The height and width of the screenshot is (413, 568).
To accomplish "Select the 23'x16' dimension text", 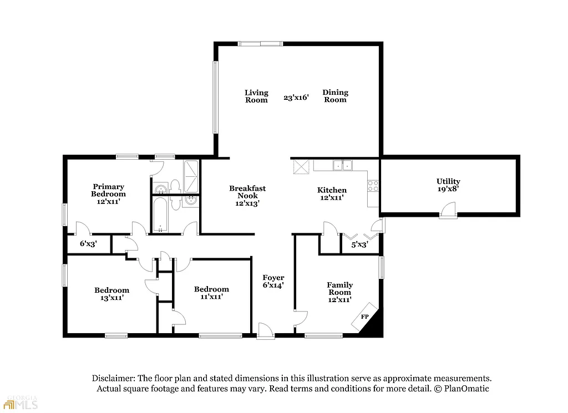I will click(296, 98).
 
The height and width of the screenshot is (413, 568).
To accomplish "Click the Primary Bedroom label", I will click(108, 190).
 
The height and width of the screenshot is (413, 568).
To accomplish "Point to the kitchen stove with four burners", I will click(373, 186).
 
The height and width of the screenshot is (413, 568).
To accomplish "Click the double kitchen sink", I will click(341, 165).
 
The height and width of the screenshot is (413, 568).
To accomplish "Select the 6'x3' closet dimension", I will click(88, 243).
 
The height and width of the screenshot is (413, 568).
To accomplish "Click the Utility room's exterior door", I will click(448, 211).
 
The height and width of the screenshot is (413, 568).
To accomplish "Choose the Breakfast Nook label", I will click(247, 192).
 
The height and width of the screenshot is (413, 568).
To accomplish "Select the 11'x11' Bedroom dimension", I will click(211, 297).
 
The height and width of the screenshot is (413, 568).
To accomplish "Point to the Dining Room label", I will click(335, 96).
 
